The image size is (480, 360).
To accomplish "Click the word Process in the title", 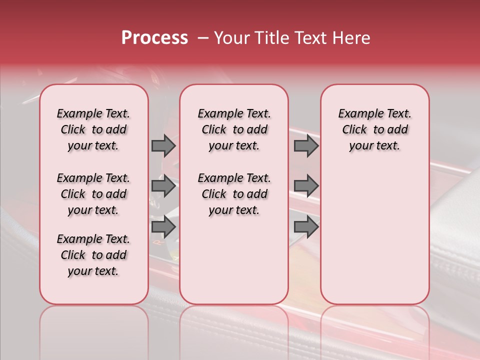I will click(x=154, y=38).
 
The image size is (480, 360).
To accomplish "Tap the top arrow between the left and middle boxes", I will click(x=163, y=145).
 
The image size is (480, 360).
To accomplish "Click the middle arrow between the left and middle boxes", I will click(x=163, y=186).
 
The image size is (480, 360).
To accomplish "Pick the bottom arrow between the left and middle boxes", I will click(x=163, y=227).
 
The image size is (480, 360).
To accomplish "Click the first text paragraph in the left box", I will click(x=93, y=129).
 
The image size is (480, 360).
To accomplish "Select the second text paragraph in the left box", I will click(x=93, y=194).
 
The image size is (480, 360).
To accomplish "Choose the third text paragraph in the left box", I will click(x=93, y=255).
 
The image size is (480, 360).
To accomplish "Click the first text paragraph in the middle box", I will click(x=234, y=129).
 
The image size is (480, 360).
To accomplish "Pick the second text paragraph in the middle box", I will click(x=234, y=194).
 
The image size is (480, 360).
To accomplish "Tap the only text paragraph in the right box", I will click(x=374, y=129).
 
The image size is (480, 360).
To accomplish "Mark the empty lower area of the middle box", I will click(x=234, y=260).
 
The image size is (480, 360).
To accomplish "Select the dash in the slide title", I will click(x=203, y=38).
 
